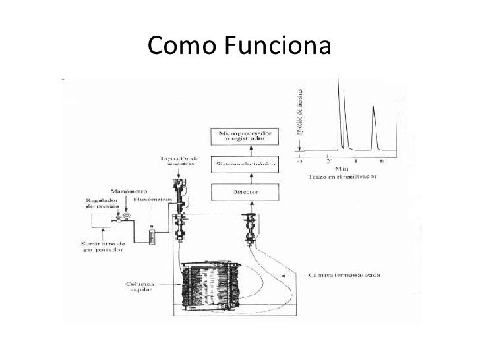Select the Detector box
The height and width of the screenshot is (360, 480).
click(x=241, y=193)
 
